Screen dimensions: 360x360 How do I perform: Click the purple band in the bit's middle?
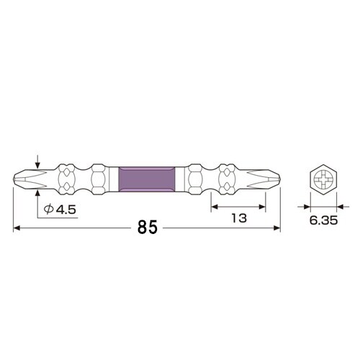coord(147,176)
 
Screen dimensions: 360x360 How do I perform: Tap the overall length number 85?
coord(148,228)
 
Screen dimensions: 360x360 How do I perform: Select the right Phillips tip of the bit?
coord(271,176)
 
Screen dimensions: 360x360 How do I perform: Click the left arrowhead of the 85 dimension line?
coord(17,228)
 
